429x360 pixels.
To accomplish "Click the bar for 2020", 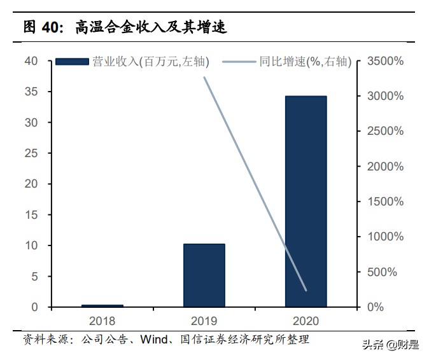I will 306,202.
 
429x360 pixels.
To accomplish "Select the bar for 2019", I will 204,275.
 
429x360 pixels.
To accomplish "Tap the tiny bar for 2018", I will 102,306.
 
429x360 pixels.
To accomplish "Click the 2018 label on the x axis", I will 102,321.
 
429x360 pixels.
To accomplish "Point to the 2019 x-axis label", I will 204,321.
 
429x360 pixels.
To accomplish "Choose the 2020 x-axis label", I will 306,321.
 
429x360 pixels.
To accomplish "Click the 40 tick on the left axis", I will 31,61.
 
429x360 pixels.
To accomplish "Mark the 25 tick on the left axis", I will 31,153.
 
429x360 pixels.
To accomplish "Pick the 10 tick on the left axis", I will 31,246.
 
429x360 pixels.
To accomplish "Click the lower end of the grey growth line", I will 306,291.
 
